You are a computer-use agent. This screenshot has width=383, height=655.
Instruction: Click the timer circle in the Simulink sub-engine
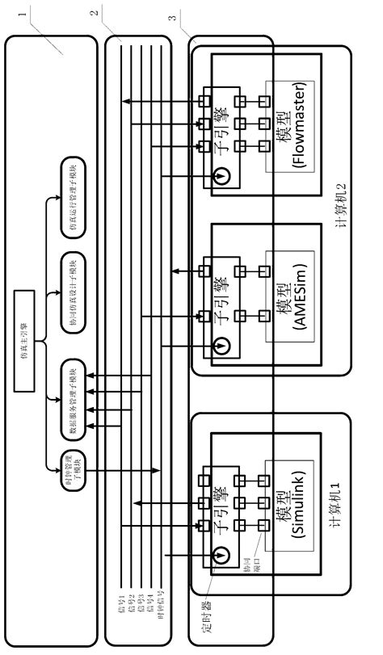click(x=220, y=556)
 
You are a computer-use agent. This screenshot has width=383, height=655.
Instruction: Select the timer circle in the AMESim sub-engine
click(x=220, y=345)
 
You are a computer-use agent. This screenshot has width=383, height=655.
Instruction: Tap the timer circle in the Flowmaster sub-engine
click(x=220, y=176)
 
